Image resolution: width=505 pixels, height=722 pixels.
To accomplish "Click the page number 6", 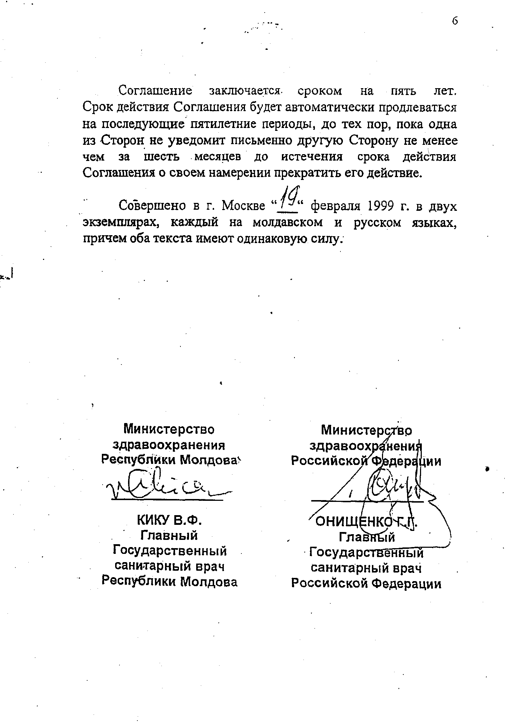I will (455, 21).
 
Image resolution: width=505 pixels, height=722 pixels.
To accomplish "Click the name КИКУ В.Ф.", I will (170, 520).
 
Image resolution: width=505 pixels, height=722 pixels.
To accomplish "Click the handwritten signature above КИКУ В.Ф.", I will (169, 486).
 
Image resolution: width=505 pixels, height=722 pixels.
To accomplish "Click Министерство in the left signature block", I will (169, 429).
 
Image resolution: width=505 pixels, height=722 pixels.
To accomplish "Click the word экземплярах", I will (120, 223).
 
